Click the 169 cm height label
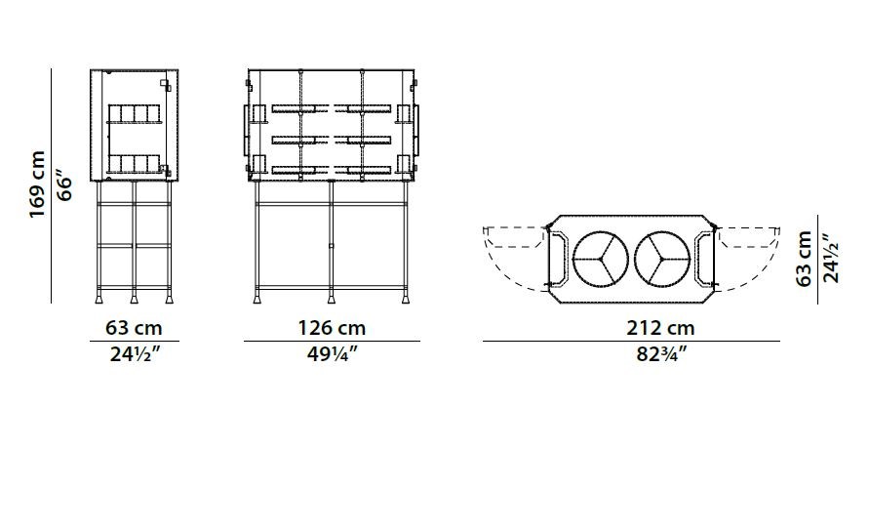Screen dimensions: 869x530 [37, 184]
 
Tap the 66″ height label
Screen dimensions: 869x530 [64, 188]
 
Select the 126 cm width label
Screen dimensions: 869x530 [332, 328]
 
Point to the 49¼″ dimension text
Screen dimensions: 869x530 [333, 353]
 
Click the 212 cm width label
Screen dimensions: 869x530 [660, 328]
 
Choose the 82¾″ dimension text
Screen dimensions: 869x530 [661, 353]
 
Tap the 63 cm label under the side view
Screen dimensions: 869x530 [135, 328]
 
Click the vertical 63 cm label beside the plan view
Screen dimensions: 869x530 [804, 259]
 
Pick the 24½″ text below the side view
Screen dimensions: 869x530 [135, 353]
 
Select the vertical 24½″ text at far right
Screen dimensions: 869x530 [830, 259]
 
